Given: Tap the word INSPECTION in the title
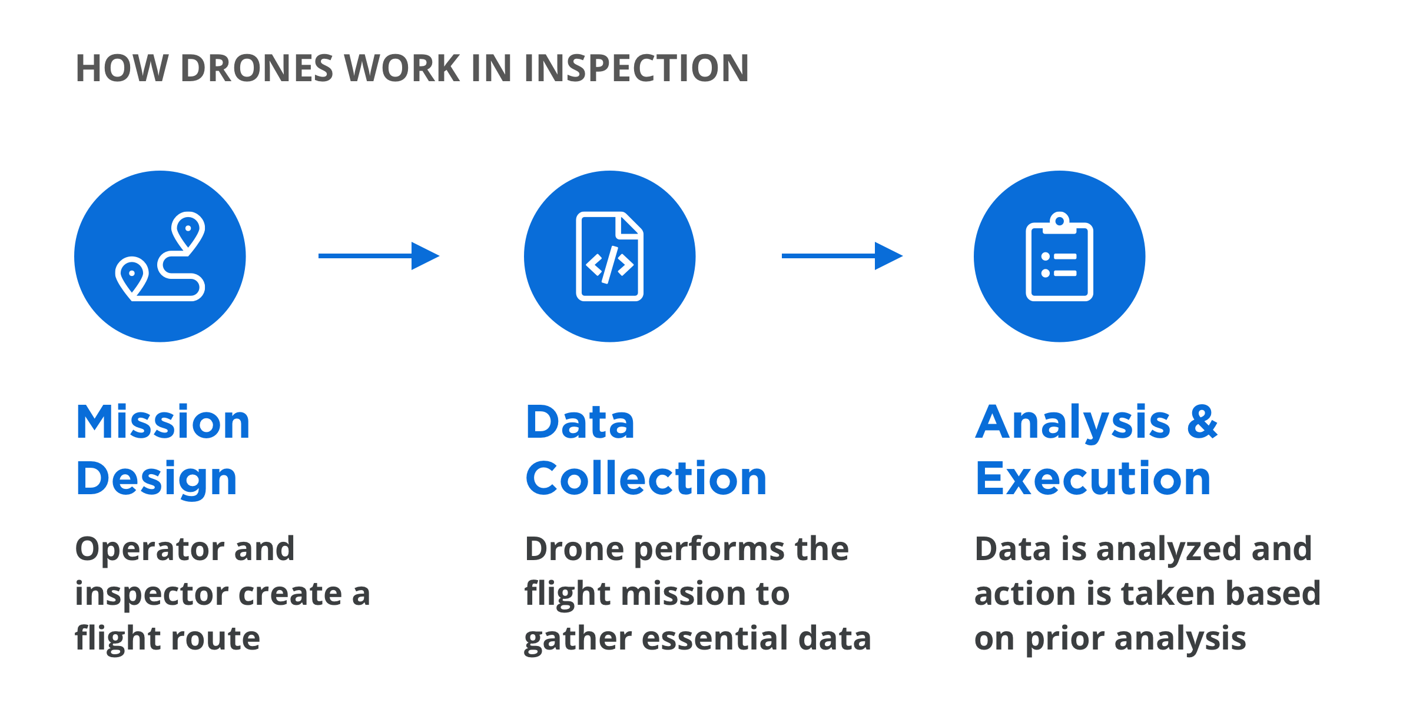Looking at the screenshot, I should [635, 68].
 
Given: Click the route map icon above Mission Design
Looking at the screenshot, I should [160, 257].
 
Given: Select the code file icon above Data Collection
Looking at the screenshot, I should [609, 257].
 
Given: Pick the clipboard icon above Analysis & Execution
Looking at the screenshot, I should [1059, 257].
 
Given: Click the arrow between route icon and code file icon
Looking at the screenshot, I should [379, 256].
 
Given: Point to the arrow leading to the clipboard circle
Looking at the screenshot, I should [842, 256].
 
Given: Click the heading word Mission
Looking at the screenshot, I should [163, 422].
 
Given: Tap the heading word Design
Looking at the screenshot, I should [157, 479].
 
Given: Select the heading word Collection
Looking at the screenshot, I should [646, 479].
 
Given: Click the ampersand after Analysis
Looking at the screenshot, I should [1202, 422].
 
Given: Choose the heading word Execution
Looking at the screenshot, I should [1093, 479].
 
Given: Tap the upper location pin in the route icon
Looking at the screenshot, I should [188, 231].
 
